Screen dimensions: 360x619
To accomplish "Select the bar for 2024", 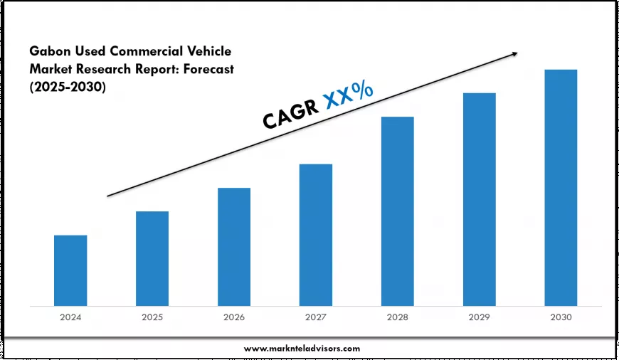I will [70, 270].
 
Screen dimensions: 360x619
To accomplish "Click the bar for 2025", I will [152, 258].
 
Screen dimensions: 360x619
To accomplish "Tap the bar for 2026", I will [234, 247].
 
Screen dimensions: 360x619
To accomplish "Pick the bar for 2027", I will [316, 235].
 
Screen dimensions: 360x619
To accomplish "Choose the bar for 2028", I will [397, 211].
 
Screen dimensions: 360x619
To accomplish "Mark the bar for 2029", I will [480, 199].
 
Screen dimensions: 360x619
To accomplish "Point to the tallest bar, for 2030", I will [561, 188].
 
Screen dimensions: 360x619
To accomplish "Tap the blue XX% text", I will [349, 95].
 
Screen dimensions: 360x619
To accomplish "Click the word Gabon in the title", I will [51, 51].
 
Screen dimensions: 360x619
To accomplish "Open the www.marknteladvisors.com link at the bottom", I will [302, 348].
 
